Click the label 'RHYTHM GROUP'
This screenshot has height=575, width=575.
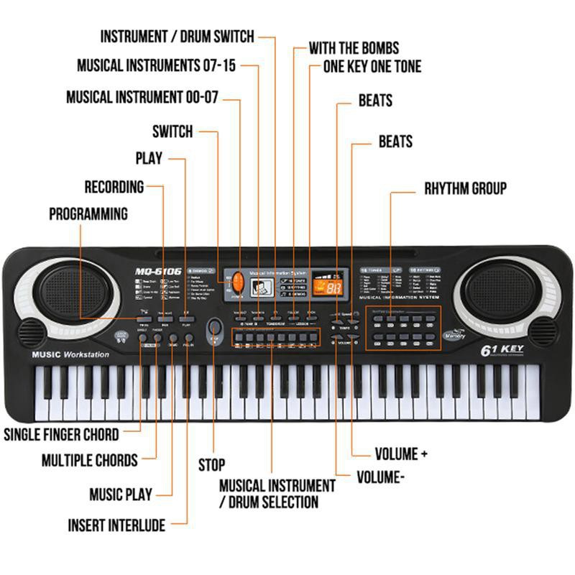click(x=465, y=189)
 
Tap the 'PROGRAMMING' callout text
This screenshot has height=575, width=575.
click(x=88, y=214)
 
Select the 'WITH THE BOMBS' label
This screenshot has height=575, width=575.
click(x=354, y=49)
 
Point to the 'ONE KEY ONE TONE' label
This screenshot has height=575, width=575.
click(x=372, y=67)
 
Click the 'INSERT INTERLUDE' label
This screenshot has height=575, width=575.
click(x=116, y=525)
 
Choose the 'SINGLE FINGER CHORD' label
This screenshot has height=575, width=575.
click(x=62, y=434)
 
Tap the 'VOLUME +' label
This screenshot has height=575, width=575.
click(x=401, y=454)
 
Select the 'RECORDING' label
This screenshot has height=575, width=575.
click(x=114, y=187)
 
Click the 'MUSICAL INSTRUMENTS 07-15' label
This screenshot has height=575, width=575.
click(x=157, y=66)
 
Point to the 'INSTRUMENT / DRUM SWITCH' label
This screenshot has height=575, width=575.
click(x=177, y=37)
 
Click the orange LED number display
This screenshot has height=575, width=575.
click(x=333, y=287)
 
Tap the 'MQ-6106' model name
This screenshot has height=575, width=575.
click(x=158, y=271)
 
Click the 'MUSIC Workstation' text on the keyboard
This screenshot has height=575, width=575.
click(x=70, y=354)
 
